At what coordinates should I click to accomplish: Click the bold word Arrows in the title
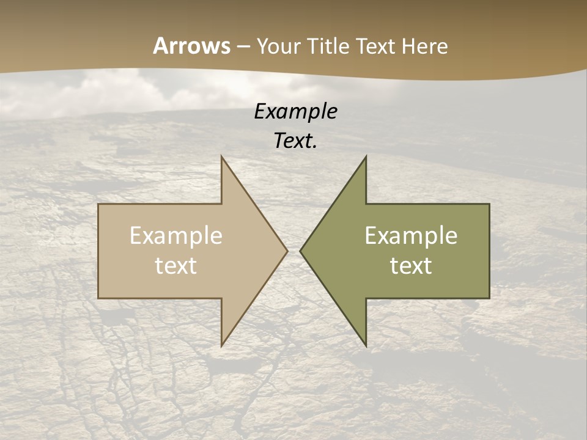tap(191, 46)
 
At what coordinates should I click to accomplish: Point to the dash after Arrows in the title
tap(243, 46)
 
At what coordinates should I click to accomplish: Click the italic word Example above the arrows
tap(295, 111)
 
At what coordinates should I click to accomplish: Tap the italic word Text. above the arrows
tap(295, 141)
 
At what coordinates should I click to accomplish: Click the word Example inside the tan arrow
tap(176, 235)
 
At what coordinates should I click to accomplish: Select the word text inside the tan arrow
tap(176, 266)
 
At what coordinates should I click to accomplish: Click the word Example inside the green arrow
tap(411, 235)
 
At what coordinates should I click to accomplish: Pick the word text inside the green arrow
tap(411, 266)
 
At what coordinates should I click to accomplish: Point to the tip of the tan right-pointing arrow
tap(287, 251)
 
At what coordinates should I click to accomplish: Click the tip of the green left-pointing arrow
tap(301, 251)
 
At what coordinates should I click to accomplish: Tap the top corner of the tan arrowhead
tap(222, 157)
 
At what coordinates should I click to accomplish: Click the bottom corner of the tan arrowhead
tap(222, 345)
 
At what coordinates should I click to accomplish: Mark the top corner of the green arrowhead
tap(366, 157)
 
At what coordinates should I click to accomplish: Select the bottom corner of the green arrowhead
tap(366, 345)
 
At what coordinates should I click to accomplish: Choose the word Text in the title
tap(376, 46)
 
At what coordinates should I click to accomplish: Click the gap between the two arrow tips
tap(293, 251)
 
